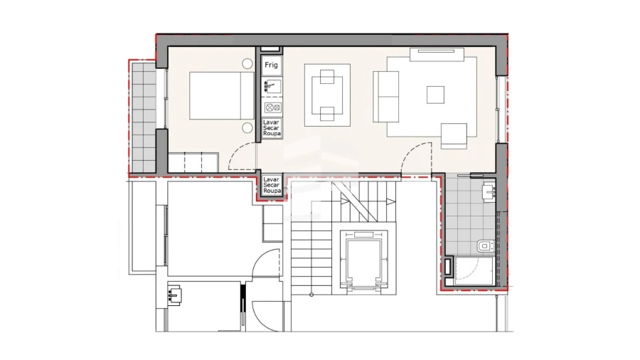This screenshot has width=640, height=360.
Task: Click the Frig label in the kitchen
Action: click(x=271, y=65)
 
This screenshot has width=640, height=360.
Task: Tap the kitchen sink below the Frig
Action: click(x=271, y=86)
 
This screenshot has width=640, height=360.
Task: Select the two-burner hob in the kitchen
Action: click(x=271, y=107)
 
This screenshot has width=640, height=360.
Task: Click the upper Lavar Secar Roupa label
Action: click(x=271, y=128)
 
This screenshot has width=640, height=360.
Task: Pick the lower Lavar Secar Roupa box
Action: click(x=272, y=185)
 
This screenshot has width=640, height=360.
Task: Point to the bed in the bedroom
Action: click(x=215, y=95)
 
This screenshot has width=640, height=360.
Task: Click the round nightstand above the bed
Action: click(x=247, y=63)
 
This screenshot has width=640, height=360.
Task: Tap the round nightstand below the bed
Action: click(x=247, y=128)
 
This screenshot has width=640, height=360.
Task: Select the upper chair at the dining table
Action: click(x=327, y=75)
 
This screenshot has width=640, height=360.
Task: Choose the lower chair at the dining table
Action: click(x=327, y=114)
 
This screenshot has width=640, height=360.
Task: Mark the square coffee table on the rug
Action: click(x=435, y=94)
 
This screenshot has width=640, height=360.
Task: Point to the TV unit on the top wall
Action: click(x=437, y=51)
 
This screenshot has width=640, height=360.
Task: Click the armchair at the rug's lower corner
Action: click(x=454, y=135)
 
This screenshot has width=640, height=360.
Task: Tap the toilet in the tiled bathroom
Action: click(x=485, y=246)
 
